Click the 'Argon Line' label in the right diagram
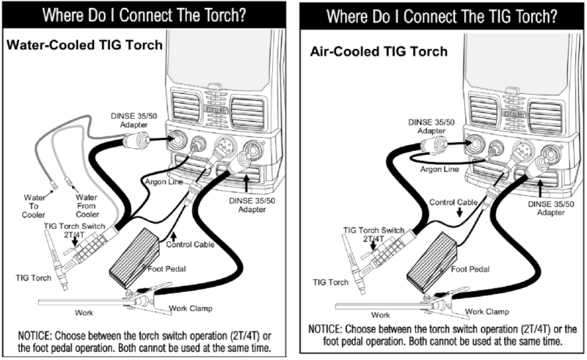click(x=439, y=169)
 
